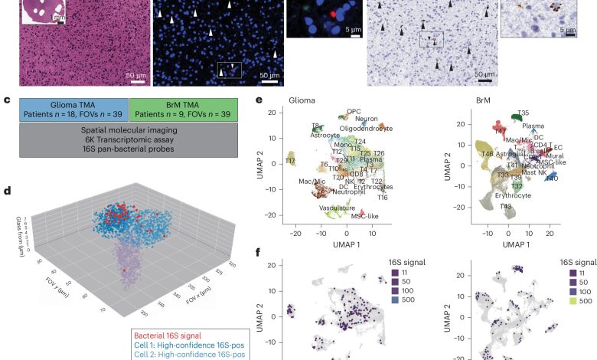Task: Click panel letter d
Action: coord(6,186)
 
